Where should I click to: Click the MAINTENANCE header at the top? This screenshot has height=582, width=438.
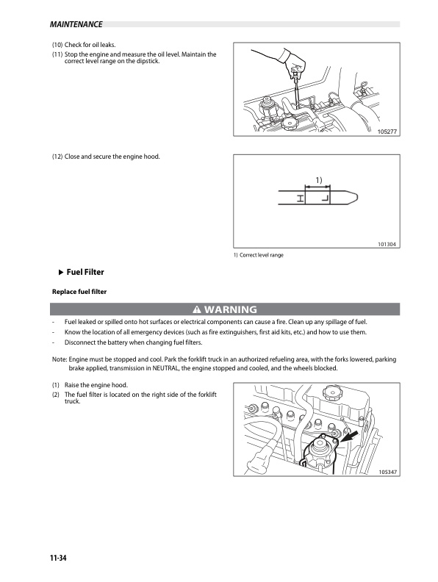[x=76, y=24]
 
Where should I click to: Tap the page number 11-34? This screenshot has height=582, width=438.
[x=58, y=558]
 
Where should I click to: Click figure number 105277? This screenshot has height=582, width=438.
[x=387, y=132]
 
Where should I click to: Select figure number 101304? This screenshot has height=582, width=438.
[x=387, y=244]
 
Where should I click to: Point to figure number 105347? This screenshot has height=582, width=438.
[x=388, y=472]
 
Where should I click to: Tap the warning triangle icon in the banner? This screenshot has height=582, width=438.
[x=197, y=309]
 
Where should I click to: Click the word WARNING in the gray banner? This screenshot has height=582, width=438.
[x=231, y=309]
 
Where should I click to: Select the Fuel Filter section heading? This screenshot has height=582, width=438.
[x=85, y=272]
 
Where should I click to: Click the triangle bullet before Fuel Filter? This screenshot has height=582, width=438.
[x=61, y=273]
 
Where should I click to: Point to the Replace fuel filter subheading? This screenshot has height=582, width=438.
[x=79, y=292]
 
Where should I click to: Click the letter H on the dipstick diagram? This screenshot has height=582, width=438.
[x=301, y=198]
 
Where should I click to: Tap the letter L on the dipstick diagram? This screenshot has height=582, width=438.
[x=325, y=198]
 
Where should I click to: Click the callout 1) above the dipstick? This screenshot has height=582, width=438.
[x=319, y=180]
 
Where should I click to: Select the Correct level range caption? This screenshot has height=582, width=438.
[x=262, y=255]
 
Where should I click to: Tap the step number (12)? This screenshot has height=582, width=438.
[x=57, y=157]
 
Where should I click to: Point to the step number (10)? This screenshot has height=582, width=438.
[x=57, y=45]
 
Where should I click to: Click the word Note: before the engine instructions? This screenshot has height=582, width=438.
[x=60, y=359]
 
